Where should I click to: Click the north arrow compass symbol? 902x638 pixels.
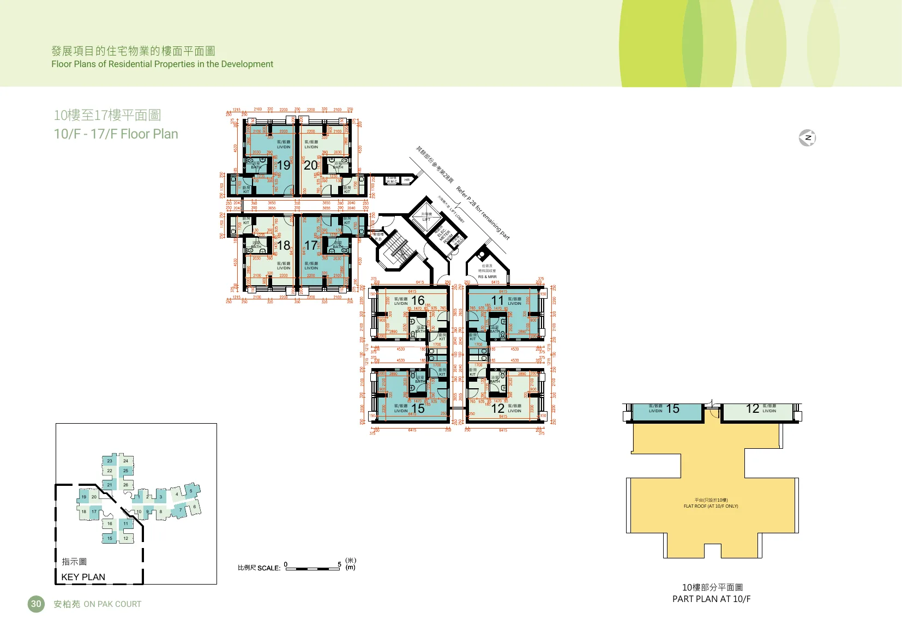807,138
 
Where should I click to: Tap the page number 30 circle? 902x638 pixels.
36,604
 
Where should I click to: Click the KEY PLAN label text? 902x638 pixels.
83,577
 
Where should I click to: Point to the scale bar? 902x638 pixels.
313,568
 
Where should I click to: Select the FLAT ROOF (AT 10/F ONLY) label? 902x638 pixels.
711,506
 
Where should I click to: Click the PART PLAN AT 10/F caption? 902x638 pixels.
711,599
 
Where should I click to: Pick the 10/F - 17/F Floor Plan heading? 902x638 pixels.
116,134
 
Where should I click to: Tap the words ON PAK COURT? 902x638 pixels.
112,604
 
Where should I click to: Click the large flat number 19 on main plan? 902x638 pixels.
284,165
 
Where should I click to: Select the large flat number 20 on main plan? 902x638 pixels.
310,165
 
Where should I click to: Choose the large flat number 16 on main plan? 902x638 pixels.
418,300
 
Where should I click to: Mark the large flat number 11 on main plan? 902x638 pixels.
497,300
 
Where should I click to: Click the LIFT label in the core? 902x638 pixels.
426,219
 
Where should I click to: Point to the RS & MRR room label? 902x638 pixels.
487,277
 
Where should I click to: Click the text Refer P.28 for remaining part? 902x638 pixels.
483,213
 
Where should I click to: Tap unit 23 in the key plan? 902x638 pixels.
110,461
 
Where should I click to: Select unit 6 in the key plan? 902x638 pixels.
194,507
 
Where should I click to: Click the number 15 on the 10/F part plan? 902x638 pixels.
673,409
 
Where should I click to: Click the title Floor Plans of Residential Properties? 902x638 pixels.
162,64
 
